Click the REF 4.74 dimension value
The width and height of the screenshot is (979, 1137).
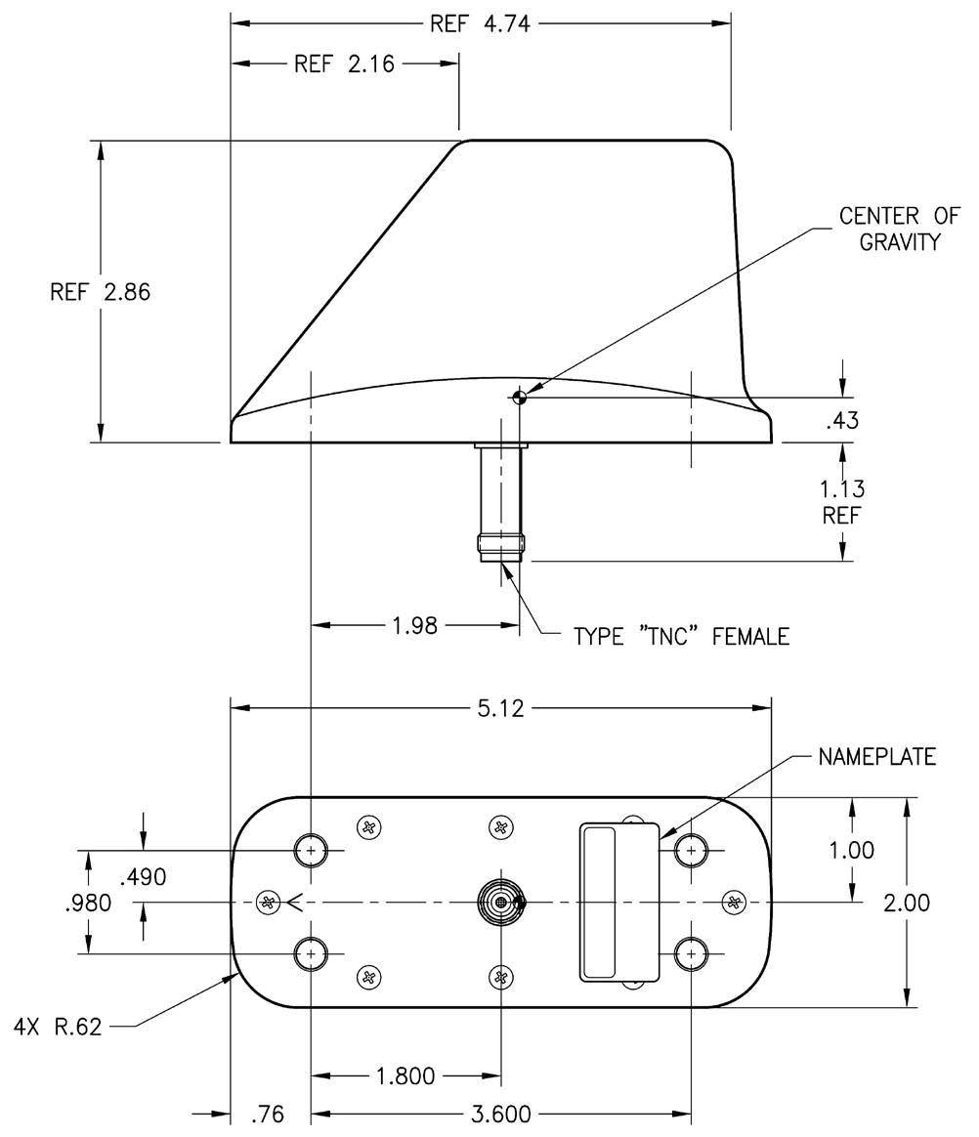pos(479,23)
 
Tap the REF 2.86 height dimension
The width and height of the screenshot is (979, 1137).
pos(100,292)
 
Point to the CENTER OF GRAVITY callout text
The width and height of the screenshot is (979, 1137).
pos(899,228)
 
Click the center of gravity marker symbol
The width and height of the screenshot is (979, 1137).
pos(519,396)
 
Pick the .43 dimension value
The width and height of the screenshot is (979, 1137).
pos(841,422)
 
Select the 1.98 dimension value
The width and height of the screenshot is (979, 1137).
pos(414,625)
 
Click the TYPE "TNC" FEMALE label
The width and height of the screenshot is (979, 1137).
pos(681,637)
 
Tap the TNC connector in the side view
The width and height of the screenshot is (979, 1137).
pos(500,503)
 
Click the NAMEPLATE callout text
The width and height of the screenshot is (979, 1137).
pos(877,757)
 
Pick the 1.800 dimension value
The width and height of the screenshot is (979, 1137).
pos(405,1077)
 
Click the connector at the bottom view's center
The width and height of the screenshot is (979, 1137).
pos(500,902)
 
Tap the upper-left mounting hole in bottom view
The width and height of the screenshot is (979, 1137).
pos(312,850)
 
